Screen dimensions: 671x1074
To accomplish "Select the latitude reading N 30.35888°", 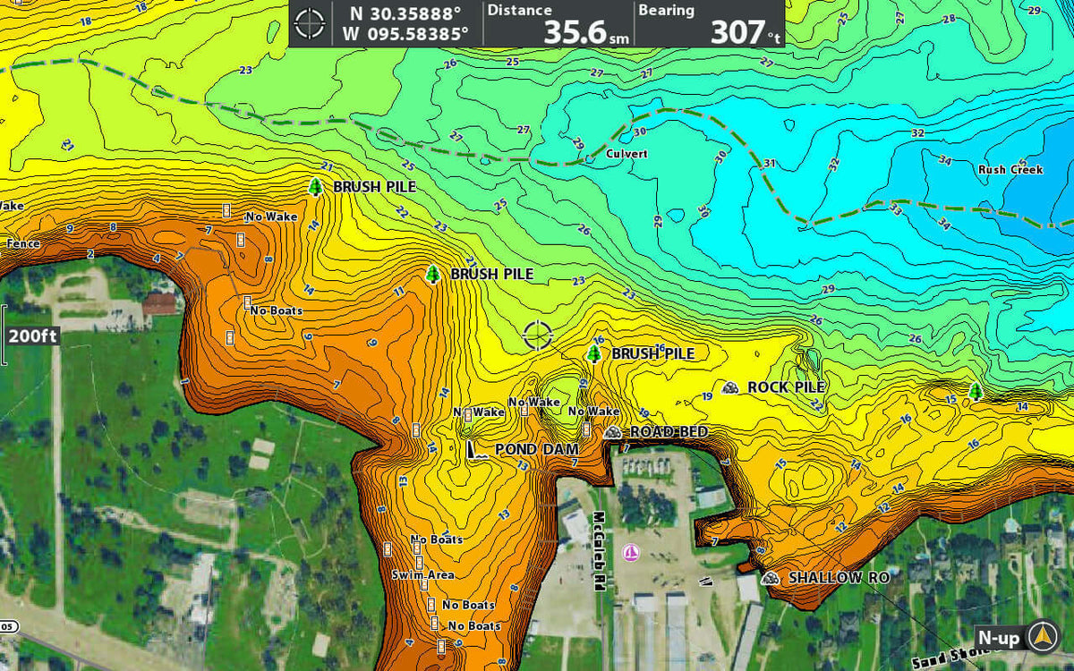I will (405, 13).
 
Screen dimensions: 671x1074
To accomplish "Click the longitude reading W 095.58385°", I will (405, 34).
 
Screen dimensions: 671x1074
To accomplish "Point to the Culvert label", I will (626, 154).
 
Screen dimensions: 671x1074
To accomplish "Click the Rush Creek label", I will (1010, 169).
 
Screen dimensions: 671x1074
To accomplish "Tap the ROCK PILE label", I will (786, 387).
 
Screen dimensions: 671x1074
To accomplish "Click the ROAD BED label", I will (669, 432).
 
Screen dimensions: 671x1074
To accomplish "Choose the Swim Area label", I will (422, 574).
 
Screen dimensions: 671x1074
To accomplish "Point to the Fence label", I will (23, 243).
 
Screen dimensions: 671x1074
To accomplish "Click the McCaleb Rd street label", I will (596, 550).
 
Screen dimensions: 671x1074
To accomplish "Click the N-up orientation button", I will (998, 638).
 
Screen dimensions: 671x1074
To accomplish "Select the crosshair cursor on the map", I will (538, 335).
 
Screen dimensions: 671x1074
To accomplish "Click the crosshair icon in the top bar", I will (310, 23).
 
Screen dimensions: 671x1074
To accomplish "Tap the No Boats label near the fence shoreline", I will (276, 310).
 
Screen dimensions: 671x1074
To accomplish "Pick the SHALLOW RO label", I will (838, 578).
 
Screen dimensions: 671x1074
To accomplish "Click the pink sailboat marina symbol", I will (630, 552).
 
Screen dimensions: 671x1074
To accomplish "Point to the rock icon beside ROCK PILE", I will (730, 387).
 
